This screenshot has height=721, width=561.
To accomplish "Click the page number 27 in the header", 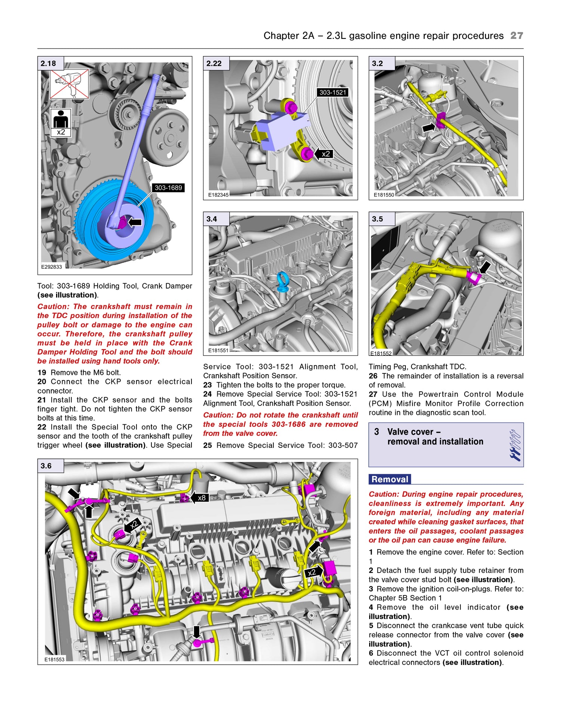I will [516, 36].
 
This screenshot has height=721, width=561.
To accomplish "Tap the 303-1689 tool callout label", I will [168, 188].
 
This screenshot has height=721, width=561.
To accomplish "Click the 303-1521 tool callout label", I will [332, 92].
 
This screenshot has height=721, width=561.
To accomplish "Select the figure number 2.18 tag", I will [49, 64].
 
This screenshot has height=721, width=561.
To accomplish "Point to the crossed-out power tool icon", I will [70, 84].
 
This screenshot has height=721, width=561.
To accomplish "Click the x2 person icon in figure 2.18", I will [61, 123].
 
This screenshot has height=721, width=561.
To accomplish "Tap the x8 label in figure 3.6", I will [201, 498].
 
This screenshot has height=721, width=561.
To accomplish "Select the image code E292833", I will [52, 267].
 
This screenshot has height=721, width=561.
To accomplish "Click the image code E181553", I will [55, 660].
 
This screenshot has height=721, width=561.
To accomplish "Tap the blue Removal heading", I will [390, 480].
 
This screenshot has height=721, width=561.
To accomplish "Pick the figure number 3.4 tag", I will [212, 219].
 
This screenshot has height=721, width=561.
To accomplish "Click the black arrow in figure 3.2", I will [429, 127].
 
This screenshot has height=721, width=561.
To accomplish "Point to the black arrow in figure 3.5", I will [485, 267].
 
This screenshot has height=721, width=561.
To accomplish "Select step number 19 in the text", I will [42, 373].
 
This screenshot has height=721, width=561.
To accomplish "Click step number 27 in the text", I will [373, 394].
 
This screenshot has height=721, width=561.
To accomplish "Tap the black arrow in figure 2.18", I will [135, 222].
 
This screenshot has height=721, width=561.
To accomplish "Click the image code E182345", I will [218, 195].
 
